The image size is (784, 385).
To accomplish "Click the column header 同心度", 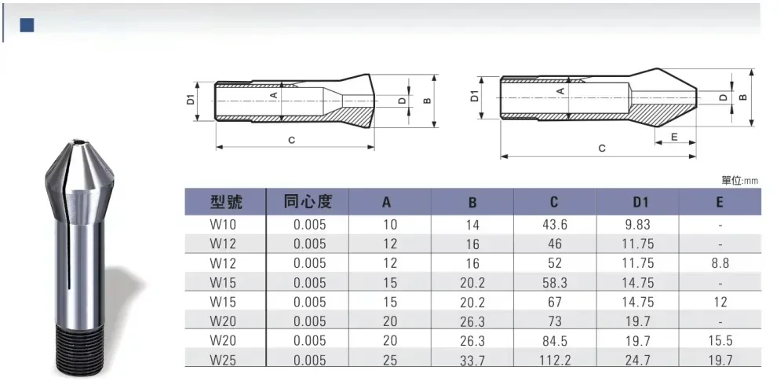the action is click(308, 201).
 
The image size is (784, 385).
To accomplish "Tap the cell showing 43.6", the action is click(555, 225).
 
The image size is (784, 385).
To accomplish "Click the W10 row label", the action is click(223, 224).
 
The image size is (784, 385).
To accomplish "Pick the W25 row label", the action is click(224, 360).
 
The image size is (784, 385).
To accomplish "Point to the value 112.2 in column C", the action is click(555, 360).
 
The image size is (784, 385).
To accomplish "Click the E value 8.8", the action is click(720, 263).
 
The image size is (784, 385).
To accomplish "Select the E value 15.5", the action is click(720, 341).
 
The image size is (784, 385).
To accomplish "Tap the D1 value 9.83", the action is click(637, 225).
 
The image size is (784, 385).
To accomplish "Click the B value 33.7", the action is click(472, 360).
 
